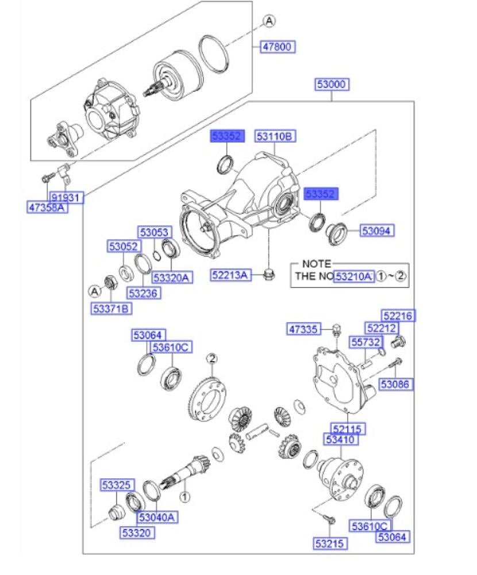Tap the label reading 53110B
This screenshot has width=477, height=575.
point(275,136)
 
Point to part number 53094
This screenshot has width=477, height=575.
point(378,231)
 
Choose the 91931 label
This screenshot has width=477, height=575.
point(66,198)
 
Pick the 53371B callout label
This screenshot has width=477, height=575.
point(111,309)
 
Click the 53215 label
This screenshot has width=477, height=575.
point(330,542)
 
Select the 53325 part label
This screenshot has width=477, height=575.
point(117,484)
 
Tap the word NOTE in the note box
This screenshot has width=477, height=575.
point(317,264)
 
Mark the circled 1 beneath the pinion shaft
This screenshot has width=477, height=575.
point(184,495)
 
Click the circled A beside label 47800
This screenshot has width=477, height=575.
point(270,21)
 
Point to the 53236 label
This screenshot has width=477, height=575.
point(143,293)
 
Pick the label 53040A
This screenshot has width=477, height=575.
point(156,517)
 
